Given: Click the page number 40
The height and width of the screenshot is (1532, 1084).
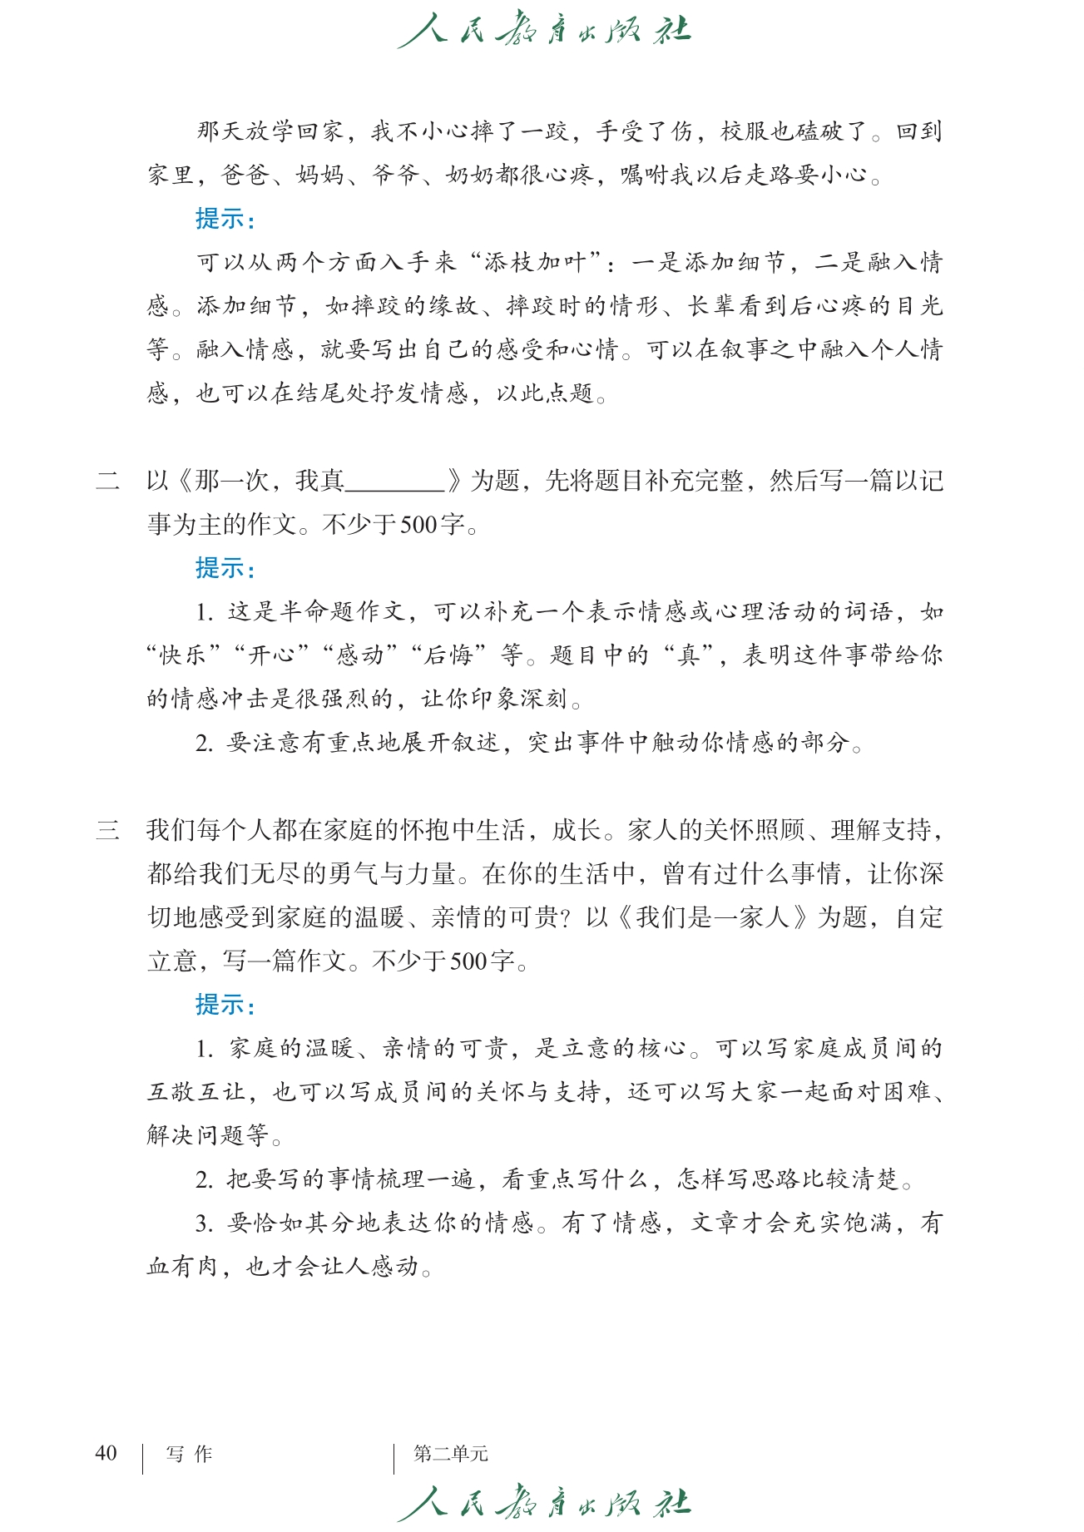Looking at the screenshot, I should tap(106, 1453).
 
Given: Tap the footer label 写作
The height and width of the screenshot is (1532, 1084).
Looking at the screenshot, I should tap(189, 1454).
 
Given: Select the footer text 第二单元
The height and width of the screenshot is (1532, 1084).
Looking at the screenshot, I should tap(450, 1454).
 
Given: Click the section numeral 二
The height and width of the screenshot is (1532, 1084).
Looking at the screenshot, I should tap(107, 481).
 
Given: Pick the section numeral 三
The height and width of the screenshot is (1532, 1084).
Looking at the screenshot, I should tap(107, 830).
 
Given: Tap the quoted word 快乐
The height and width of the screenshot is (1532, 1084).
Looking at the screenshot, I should tap(183, 655).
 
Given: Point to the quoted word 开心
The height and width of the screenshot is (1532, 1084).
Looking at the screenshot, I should tap(272, 655).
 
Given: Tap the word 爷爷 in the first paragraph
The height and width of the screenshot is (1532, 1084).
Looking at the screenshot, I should tap(394, 175).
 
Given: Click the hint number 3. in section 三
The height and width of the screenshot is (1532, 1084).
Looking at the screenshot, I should tap(205, 1223).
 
